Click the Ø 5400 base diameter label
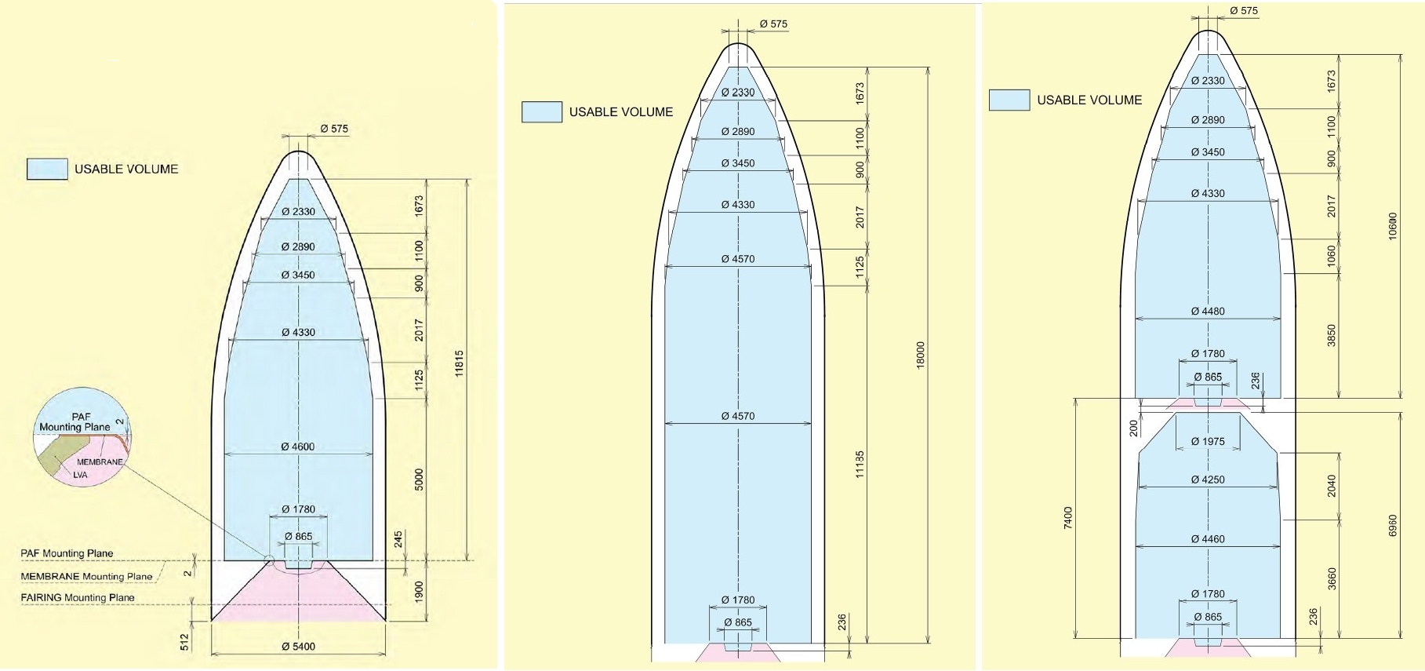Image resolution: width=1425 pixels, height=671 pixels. point(298,647)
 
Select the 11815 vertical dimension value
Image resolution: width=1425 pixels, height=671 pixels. point(460,364)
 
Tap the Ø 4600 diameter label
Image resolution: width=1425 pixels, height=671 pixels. point(298,447)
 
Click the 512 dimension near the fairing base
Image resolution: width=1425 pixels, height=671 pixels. point(185,643)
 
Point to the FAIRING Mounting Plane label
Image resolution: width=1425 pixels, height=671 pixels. point(78,597)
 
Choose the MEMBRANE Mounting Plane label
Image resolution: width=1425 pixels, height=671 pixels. point(86,576)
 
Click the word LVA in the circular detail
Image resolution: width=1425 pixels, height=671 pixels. point(80,475)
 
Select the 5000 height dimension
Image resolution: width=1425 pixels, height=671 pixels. point(420,480)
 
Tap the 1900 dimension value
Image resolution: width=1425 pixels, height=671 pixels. point(420,592)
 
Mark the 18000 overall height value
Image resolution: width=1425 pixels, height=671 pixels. point(921,355)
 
